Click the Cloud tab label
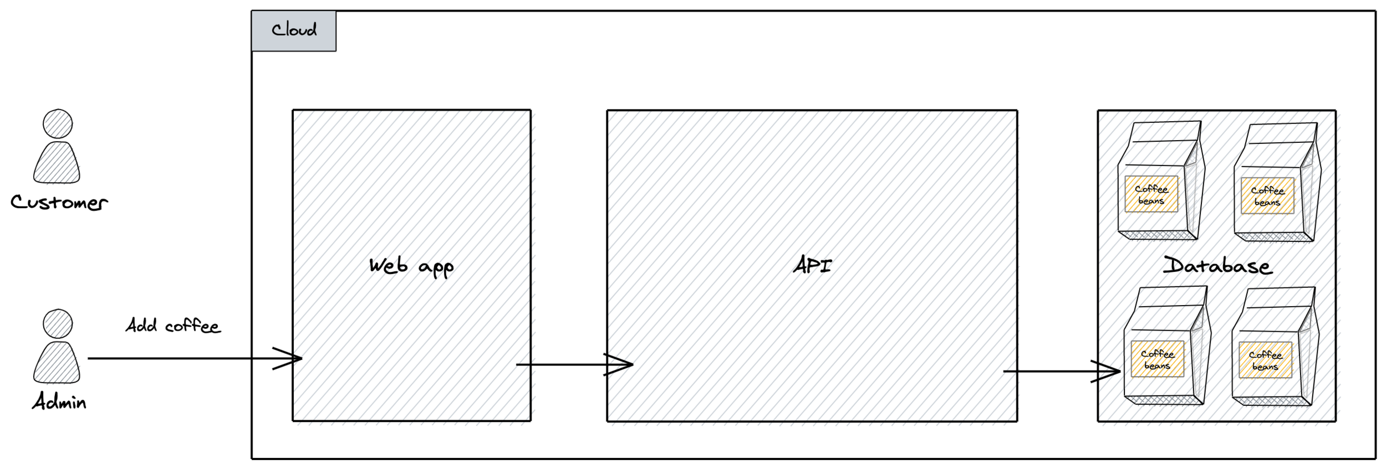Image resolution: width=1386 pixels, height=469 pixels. tap(294, 30)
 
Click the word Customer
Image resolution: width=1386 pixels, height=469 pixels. tap(59, 203)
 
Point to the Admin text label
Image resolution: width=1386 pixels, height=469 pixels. tap(59, 401)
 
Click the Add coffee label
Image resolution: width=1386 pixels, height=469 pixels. tap(173, 326)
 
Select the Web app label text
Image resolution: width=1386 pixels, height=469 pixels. tap(411, 267)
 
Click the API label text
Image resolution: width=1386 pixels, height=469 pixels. tap(812, 266)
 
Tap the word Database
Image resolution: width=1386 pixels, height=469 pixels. tap(1217, 266)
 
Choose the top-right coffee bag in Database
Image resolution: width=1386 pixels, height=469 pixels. tap(1277, 183)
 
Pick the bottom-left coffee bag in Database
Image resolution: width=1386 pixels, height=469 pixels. tap(1166, 346)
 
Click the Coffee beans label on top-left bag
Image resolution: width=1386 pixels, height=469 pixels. tap(1151, 194)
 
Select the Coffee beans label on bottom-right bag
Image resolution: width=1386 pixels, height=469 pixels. tap(1265, 360)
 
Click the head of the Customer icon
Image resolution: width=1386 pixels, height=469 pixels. tap(58, 123)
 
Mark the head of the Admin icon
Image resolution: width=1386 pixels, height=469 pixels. tap(58, 324)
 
